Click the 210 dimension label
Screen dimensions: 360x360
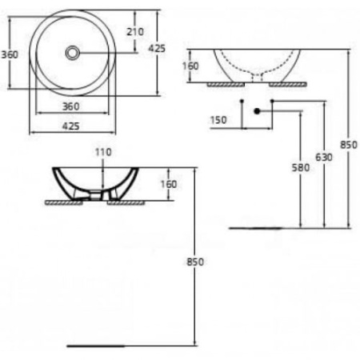point(135,31)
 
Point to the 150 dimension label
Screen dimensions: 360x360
point(218,120)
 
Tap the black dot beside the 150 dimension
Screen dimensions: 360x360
point(257,113)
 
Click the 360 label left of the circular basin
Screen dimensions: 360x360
point(10,54)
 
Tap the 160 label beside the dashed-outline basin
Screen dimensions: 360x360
point(191,66)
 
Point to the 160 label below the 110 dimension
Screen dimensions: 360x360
point(169,185)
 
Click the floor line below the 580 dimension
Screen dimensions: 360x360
point(256,227)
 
